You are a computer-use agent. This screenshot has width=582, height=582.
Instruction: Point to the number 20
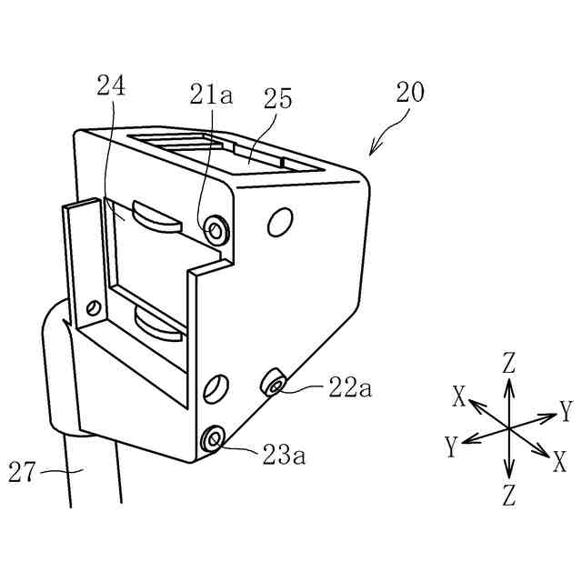tap(410, 92)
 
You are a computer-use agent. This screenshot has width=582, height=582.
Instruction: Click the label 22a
tap(350, 388)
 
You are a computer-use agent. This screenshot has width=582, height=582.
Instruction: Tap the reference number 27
tap(24, 472)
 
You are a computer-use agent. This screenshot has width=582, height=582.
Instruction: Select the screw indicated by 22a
tap(275, 384)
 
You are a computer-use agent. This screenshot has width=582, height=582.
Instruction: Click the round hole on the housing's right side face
tap(281, 220)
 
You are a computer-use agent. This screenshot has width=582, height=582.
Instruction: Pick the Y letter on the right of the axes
tap(566, 407)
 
